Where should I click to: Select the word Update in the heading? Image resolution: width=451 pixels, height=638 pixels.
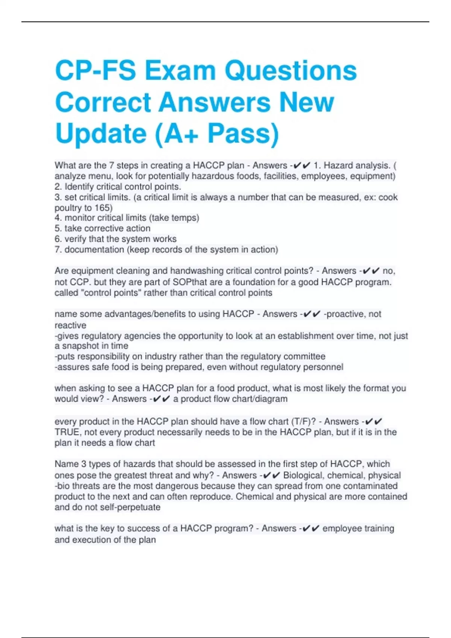tap(101, 134)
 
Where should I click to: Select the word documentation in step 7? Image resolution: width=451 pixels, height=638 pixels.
tap(94, 250)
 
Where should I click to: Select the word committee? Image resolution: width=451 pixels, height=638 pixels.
tap(304, 357)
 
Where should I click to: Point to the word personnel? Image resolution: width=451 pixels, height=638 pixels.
tap(324, 367)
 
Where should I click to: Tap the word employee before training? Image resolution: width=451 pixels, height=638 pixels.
tap(342, 529)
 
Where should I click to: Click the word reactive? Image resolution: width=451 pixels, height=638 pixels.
tap(70, 325)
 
